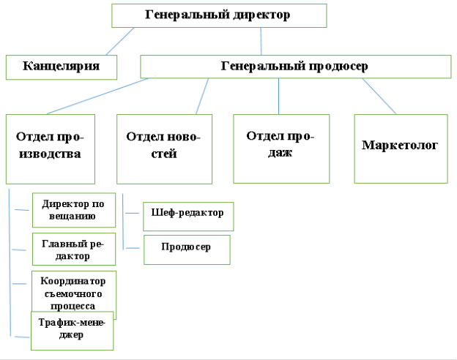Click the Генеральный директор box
tap(219, 15)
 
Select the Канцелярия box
tap(62, 67)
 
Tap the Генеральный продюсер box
tap(296, 67)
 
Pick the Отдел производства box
tap(51, 149)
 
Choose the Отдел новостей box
tap(164, 149)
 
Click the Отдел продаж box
tap(281, 149)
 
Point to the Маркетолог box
tap(401, 149)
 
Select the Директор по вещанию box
tap(74, 210)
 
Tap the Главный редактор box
tap(74, 249)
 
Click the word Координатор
tap(73, 281)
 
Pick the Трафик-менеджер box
tap(73, 331)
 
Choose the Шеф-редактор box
tap(188, 217)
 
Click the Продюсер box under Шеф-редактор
tap(187, 250)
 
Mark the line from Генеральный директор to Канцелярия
tap(120, 42)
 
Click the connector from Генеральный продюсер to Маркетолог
tap(379, 96)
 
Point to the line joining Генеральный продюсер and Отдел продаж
tap(278, 96)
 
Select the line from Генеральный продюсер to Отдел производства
tap(97, 96)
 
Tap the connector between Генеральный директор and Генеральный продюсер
tap(261, 42)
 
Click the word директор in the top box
tap(261, 15)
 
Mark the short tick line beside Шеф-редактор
tap(133, 213)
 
